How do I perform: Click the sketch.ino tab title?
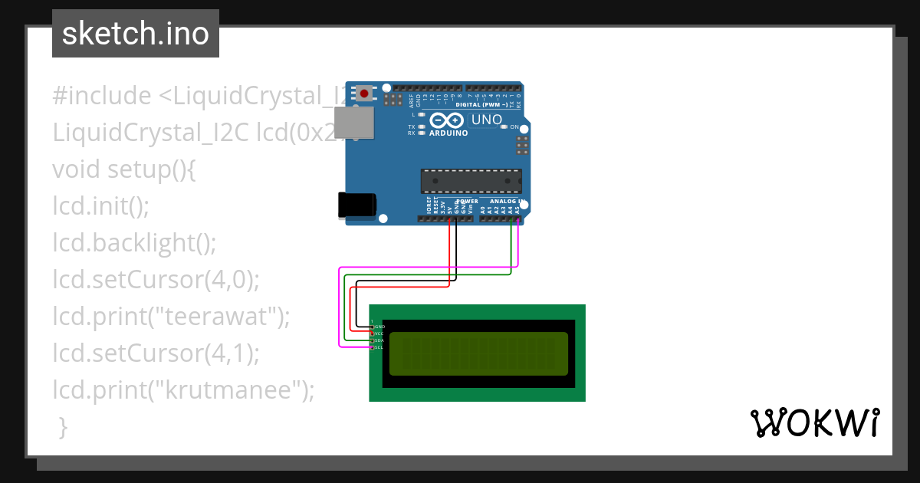[136, 34]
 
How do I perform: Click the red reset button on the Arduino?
[363, 94]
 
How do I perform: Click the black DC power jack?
[356, 205]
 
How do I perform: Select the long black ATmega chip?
[471, 181]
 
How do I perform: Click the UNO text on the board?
[486, 120]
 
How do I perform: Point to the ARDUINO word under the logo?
[448, 133]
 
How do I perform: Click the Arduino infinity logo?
[447, 120]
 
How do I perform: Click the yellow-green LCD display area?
[478, 353]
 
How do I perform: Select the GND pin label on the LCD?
[379, 327]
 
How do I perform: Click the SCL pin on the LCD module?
[373, 347]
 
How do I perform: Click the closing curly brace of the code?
[63, 426]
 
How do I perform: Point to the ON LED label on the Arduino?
[514, 127]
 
